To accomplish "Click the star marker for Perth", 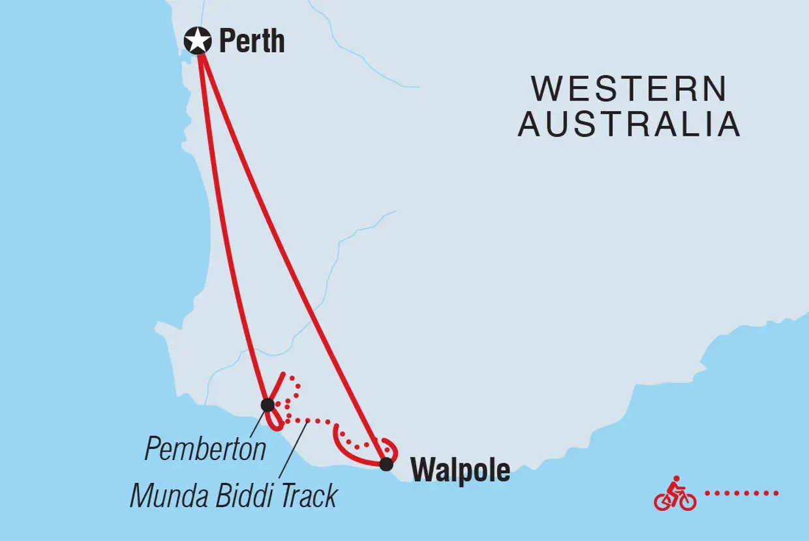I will click(198, 41).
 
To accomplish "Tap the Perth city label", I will click(252, 42).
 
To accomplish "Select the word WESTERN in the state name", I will click(629, 89).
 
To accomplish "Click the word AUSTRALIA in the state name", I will click(629, 124).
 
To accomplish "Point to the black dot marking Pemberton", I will click(267, 405).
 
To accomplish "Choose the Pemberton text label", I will click(205, 449).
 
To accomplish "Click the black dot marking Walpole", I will click(386, 464).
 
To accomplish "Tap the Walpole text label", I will click(460, 470).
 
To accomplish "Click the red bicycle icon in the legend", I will click(675, 494).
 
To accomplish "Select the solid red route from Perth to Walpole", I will click(290, 255).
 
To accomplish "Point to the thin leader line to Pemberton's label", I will click(256, 422).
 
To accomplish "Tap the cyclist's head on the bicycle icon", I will click(677, 480).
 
